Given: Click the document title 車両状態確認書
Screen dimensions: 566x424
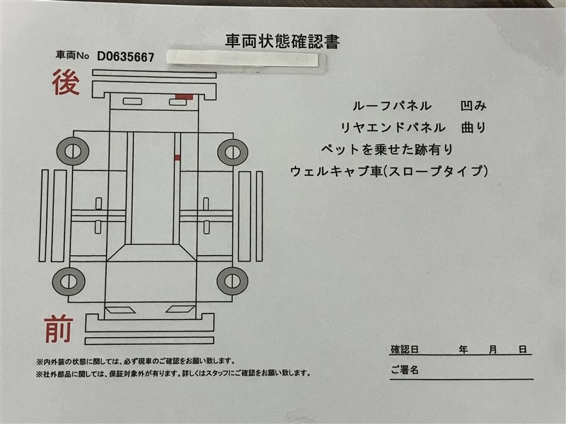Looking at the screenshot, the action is pos(282,41).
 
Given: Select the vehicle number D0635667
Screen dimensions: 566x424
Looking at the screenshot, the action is pos(126,57).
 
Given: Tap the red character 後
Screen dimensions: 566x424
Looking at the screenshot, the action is pos(66,83).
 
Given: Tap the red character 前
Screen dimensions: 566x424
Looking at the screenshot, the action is pos(59,329).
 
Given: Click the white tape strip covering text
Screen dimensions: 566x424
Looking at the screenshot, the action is pos(243,60).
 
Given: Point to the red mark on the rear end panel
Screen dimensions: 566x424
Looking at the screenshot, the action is pos(184,96).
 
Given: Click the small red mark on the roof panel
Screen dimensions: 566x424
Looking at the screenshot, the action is pos(178,157).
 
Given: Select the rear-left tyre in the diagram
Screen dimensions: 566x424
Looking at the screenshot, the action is pos(73,151).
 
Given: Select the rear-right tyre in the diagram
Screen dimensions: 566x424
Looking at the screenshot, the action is pos(233,152).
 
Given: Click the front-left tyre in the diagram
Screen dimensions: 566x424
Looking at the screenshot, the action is pos(69,281).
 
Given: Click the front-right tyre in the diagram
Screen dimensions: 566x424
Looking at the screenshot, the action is pos(233,281).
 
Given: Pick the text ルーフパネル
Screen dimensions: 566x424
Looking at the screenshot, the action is pos(392,105).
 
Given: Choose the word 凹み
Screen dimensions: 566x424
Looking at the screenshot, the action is pos(473,105).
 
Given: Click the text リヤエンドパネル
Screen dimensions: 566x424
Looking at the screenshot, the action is pos(393,128).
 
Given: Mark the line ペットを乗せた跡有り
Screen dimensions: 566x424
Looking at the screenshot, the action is pos(387,149).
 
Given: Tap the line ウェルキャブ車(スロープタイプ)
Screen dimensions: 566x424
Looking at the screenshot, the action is pos(389,171).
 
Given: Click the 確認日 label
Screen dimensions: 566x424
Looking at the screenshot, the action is pos(405,349).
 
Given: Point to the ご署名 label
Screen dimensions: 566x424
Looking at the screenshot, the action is pos(405,370).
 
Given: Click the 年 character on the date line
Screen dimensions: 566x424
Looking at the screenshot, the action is pos(463,349).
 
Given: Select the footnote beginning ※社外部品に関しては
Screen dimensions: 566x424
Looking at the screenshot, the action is pos(173,374).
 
